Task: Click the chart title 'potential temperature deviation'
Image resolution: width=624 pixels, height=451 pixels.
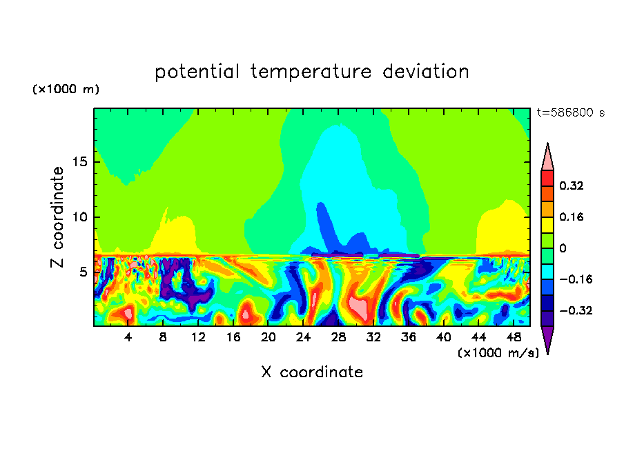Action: tap(311, 72)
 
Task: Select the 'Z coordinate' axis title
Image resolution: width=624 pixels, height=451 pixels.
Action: tap(58, 217)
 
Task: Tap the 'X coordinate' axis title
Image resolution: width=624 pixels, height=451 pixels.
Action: tap(312, 372)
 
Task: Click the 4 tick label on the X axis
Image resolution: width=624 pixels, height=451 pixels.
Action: tap(128, 337)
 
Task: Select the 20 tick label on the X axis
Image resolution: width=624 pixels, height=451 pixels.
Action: tap(268, 337)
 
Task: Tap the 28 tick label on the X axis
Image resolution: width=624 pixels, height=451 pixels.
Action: tap(338, 337)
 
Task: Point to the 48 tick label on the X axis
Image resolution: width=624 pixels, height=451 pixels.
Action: tap(513, 337)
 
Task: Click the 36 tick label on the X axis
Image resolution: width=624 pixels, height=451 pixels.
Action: tap(408, 337)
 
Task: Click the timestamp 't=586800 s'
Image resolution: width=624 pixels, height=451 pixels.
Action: tap(570, 113)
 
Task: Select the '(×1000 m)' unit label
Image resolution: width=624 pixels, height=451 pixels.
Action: tap(66, 90)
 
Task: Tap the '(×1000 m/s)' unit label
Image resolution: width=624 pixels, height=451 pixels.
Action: tap(498, 352)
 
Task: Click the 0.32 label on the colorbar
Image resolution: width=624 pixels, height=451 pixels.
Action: tap(572, 186)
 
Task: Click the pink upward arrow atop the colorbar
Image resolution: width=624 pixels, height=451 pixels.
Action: tap(547, 157)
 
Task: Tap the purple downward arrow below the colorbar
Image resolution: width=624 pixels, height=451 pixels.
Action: tap(547, 339)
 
